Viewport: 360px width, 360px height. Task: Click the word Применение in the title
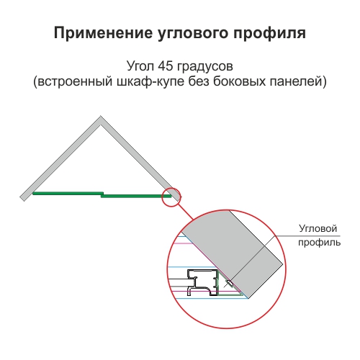tap(104, 32)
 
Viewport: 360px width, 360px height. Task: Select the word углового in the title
tap(193, 34)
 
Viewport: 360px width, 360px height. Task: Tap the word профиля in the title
tap(270, 34)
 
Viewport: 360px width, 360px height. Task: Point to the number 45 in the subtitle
tap(165, 66)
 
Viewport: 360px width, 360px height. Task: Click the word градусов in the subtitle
tap(205, 67)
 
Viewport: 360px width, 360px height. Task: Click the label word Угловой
tap(318, 229)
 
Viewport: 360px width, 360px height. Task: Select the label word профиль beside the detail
tap(320, 243)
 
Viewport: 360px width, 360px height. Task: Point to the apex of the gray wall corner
tap(101, 117)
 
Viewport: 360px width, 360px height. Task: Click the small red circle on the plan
tap(171, 197)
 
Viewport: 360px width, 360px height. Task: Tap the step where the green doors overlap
tap(102, 194)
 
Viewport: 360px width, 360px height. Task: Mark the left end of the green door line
tap(33, 193)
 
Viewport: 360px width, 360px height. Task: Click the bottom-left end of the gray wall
tap(22, 199)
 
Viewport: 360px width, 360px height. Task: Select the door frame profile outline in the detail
tap(203, 282)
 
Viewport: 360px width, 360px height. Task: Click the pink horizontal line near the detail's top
tap(184, 243)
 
